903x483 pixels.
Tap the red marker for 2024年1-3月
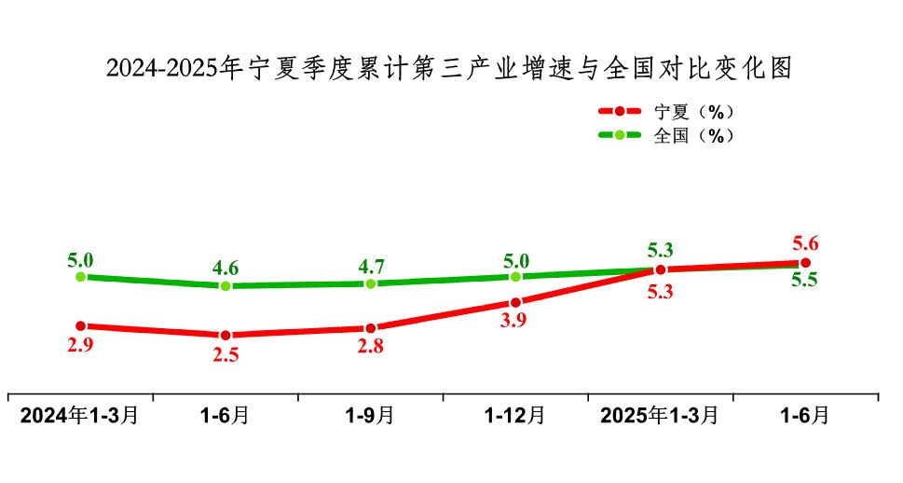coord(81,326)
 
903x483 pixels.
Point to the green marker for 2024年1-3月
coord(81,277)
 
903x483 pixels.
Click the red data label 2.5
coord(226,355)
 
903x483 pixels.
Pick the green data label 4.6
coord(226,268)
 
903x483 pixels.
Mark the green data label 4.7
coord(371,266)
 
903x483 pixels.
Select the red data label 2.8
coord(371,348)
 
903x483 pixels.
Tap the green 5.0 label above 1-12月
coord(515,260)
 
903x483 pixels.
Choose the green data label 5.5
coord(805,280)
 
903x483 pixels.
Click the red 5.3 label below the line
coord(661,291)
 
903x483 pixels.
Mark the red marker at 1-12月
coord(515,302)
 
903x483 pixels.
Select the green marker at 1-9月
coord(371,283)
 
